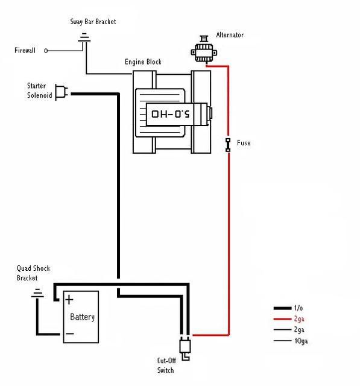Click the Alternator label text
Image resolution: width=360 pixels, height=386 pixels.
pyautogui.click(x=229, y=35)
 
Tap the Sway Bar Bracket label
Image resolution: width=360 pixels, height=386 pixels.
pyautogui.click(x=93, y=22)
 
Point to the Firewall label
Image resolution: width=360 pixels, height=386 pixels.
pyautogui.click(x=25, y=51)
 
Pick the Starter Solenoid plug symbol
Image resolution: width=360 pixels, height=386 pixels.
pyautogui.click(x=61, y=92)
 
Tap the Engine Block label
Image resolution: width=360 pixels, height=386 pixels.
pyautogui.click(x=143, y=62)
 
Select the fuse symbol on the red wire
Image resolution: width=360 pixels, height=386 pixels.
pyautogui.click(x=228, y=144)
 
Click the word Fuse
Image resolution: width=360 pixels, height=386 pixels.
pyautogui.click(x=244, y=143)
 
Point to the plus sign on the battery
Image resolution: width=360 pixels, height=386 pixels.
pyautogui.click(x=70, y=299)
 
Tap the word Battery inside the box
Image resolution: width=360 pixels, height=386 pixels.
pyautogui.click(x=82, y=317)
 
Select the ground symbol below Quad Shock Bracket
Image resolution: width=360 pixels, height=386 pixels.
pyautogui.click(x=37, y=295)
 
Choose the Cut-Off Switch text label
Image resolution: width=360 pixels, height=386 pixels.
pyautogui.click(x=166, y=365)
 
